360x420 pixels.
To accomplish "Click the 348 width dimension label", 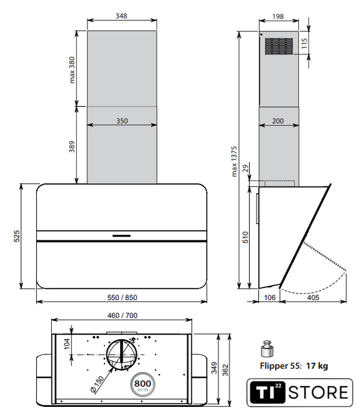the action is click(x=121, y=16).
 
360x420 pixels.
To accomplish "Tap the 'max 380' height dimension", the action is click(x=72, y=70).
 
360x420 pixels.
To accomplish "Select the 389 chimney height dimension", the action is click(x=72, y=147).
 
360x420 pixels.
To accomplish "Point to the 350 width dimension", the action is click(x=122, y=121).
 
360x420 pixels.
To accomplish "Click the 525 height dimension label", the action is click(x=16, y=236).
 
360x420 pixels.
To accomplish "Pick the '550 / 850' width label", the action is click(x=122, y=297).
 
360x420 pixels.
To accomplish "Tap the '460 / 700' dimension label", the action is click(x=122, y=316).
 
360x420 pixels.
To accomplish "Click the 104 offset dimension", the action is click(x=67, y=344).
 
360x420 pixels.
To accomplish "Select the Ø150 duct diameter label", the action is click(x=97, y=385).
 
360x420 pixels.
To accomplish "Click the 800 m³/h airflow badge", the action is click(x=143, y=385).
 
